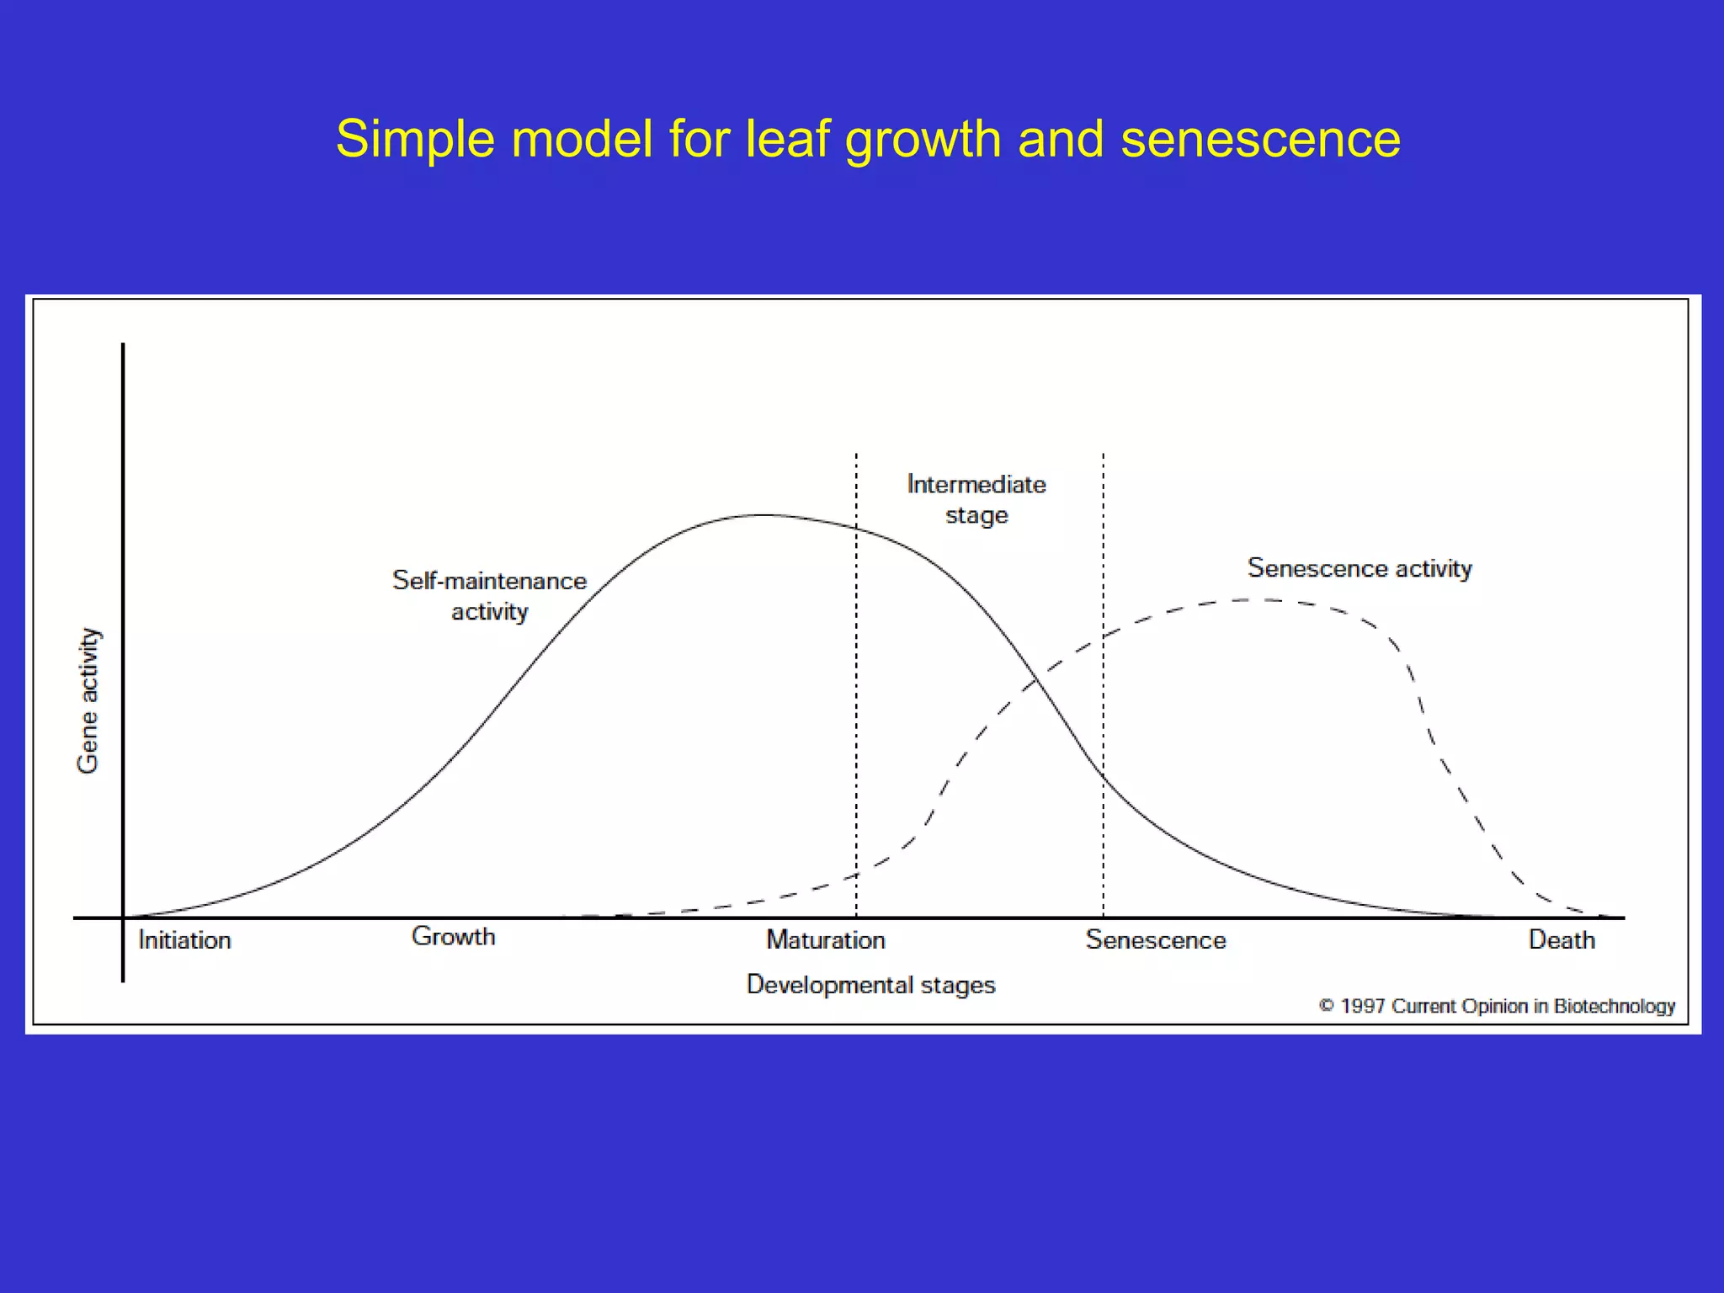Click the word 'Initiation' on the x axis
coord(184,939)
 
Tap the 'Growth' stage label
coord(453,937)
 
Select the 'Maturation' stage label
coord(825,939)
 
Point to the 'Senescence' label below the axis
coord(1155,939)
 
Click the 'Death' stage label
coord(1562,939)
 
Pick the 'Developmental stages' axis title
coord(870,985)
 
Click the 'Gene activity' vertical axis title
coord(88,700)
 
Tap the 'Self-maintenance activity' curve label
coord(489,596)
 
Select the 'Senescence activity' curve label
coord(1360,568)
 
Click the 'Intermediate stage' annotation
coord(976,499)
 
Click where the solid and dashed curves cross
coord(1036,680)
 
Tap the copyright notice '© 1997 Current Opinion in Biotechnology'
coord(1497,1006)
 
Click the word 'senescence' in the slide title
coord(1260,138)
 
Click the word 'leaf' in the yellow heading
coord(788,138)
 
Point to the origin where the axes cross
coord(123,918)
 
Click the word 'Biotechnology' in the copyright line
coord(1615,1006)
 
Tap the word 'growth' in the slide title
coord(923,138)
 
